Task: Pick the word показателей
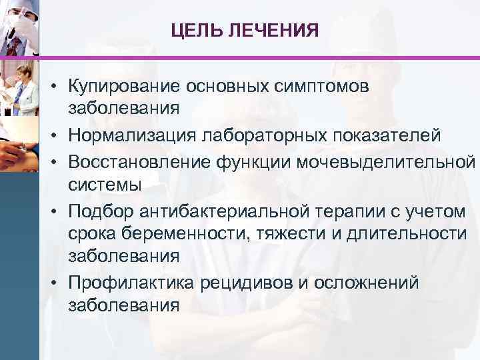(x=387, y=136)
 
